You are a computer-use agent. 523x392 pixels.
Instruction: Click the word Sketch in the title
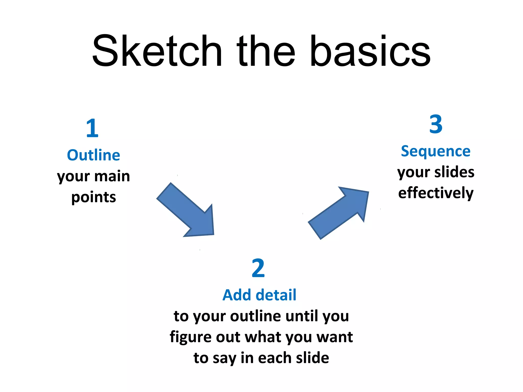tap(157, 51)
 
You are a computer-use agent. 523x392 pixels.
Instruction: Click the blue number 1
tap(92, 128)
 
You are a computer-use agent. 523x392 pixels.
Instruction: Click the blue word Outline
tap(93, 155)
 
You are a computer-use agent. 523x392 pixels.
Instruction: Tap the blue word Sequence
tap(436, 151)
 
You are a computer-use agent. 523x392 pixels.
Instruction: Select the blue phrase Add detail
tap(259, 295)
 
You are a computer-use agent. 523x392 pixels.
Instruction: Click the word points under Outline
tap(93, 198)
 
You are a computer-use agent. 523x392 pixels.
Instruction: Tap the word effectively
tap(436, 193)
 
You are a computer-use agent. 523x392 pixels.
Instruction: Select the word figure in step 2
tap(190, 337)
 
